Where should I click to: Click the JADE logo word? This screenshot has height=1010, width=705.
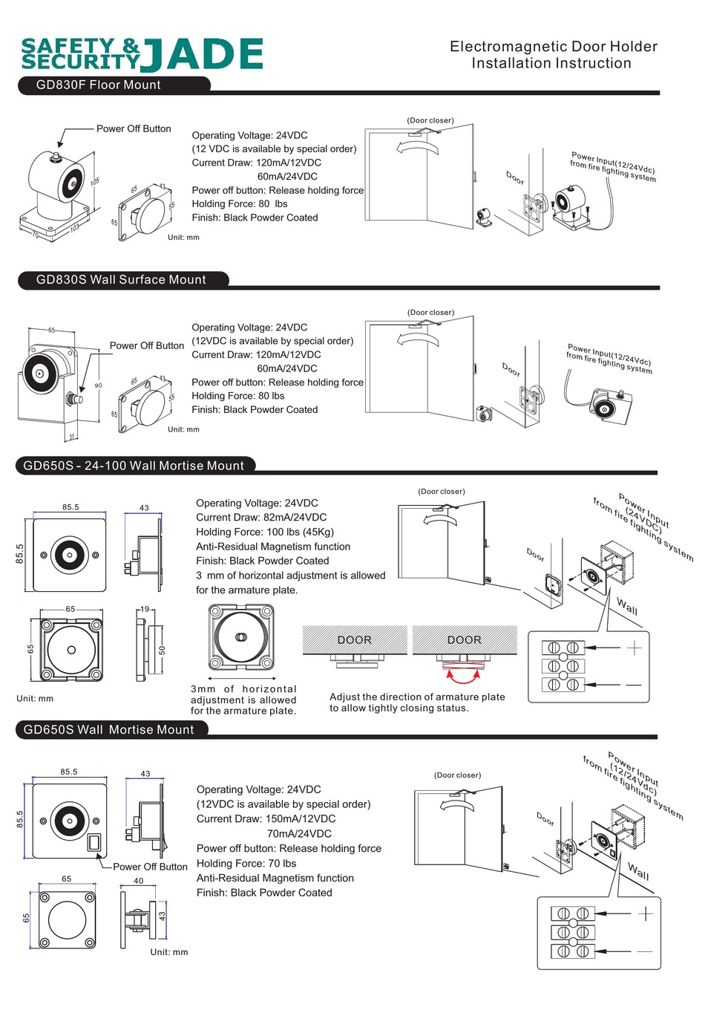pos(202,54)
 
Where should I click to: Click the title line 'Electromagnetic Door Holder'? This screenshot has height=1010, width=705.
pos(553,46)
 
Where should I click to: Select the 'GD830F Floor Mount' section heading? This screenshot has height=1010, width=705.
pos(98,85)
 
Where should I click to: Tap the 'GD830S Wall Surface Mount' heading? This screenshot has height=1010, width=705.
pos(121,280)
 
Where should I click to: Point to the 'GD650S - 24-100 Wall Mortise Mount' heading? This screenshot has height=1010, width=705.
pos(134,466)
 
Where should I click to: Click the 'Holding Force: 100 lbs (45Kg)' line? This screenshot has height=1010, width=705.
pos(265,532)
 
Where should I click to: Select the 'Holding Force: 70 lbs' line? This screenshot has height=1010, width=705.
pos(246,863)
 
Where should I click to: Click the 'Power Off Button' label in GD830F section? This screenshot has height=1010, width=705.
pos(134,128)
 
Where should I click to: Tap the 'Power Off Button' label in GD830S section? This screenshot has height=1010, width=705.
pos(147,345)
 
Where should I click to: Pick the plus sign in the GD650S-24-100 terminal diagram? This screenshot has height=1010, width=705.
pos(634,648)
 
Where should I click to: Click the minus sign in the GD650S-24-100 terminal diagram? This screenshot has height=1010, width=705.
pos(633,684)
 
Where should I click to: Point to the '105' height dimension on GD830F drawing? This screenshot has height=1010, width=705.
pos(95,182)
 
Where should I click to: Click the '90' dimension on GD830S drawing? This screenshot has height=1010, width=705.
pos(99,385)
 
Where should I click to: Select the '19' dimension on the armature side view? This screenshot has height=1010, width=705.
pos(145,609)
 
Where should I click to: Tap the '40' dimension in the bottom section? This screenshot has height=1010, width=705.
pos(139,881)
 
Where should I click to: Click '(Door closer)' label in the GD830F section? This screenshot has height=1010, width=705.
pos(430,120)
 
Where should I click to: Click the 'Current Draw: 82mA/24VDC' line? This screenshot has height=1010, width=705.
pos(261,517)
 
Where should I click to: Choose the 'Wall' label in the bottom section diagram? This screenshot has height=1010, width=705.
pos(638,871)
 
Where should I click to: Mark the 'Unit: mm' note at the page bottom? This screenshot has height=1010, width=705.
pos(169,952)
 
